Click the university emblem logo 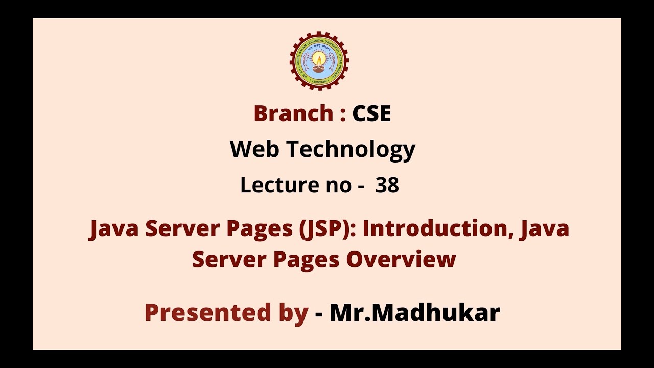pos(319,61)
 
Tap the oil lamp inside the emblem pos(319,63)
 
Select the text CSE pos(371,113)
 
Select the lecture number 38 pos(387,185)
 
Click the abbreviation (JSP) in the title pos(326,229)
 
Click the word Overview pos(401,259)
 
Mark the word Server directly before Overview pos(229,259)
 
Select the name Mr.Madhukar pos(414,312)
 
